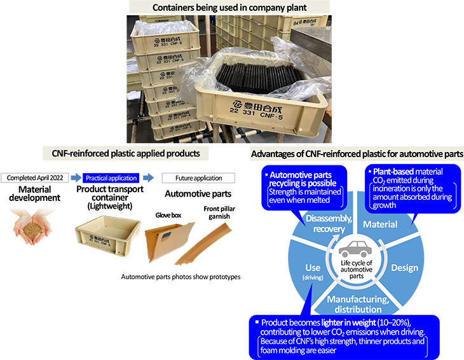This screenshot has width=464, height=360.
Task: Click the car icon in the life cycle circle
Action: pyautogui.click(x=353, y=249)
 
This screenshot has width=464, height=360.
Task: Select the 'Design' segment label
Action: pyautogui.click(x=405, y=267)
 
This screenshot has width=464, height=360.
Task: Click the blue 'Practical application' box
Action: pyautogui.click(x=112, y=177)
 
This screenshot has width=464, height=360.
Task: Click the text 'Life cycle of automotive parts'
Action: pyautogui.click(x=353, y=267)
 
